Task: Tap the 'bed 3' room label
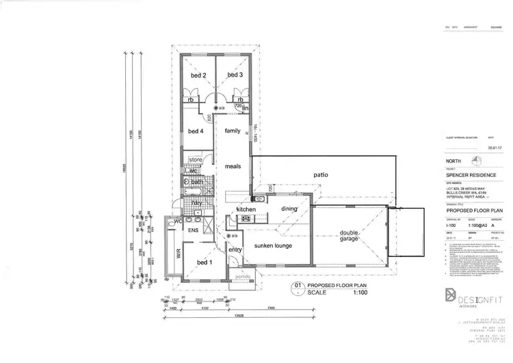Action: tap(235, 75)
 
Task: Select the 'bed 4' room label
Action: tap(196, 131)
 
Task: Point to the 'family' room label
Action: tap(233, 131)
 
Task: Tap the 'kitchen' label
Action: tap(246, 209)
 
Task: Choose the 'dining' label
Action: tap(290, 209)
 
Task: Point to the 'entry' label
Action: tap(235, 250)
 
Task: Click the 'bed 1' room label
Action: tap(205, 263)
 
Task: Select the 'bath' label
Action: tap(196, 182)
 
